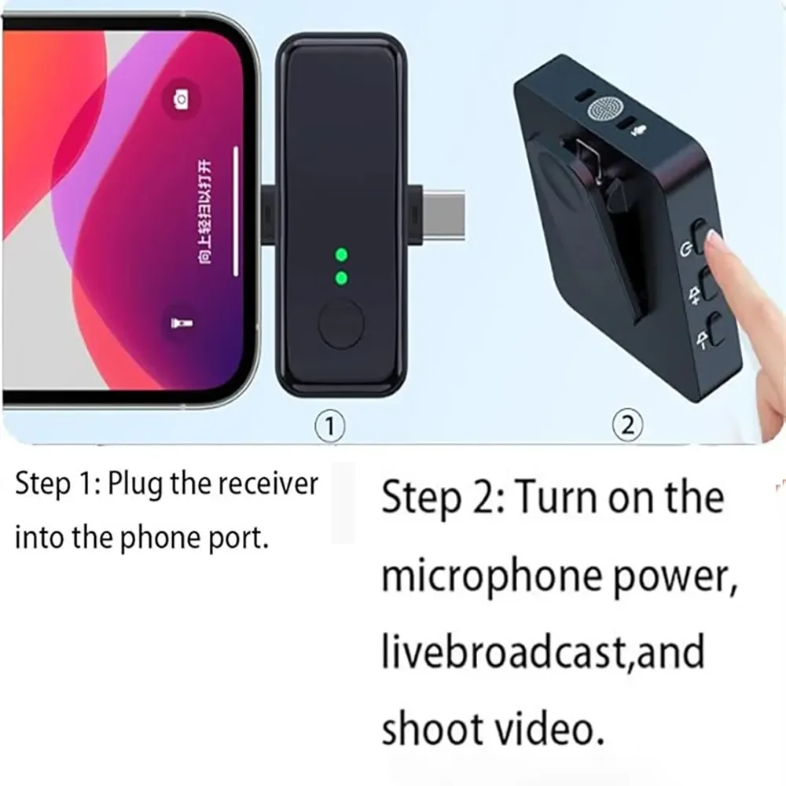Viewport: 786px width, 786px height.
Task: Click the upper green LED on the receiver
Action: click(x=341, y=255)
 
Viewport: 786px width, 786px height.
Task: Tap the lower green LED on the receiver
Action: click(x=341, y=277)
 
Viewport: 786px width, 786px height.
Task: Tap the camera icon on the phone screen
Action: click(x=181, y=99)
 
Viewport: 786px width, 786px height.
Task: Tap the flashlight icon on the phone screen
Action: click(x=176, y=323)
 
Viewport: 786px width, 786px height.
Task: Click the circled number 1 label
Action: click(x=330, y=427)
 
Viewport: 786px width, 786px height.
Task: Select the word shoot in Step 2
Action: click(x=432, y=729)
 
